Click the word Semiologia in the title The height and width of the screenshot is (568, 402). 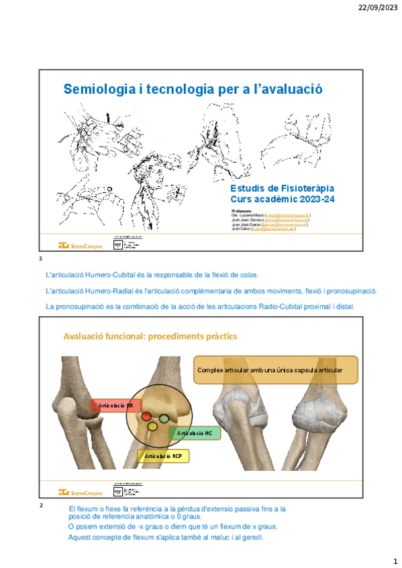coord(97,89)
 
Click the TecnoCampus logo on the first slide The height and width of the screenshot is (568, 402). coord(81,246)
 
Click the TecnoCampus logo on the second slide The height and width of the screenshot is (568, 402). coord(81,491)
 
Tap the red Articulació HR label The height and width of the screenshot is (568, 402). coord(115,406)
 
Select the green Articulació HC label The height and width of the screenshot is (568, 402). coord(195,433)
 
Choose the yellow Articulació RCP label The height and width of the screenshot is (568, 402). coord(163,456)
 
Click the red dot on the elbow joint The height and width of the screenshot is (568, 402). coord(146,417)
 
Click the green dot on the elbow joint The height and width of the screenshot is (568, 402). coord(164,419)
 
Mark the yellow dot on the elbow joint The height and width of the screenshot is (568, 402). coord(152,427)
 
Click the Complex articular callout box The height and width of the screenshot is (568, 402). coord(275,370)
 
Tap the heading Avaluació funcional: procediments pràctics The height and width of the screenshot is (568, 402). coord(150,336)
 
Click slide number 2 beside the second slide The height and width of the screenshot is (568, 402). coord(42,505)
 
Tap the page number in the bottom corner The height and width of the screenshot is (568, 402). coord(395,559)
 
